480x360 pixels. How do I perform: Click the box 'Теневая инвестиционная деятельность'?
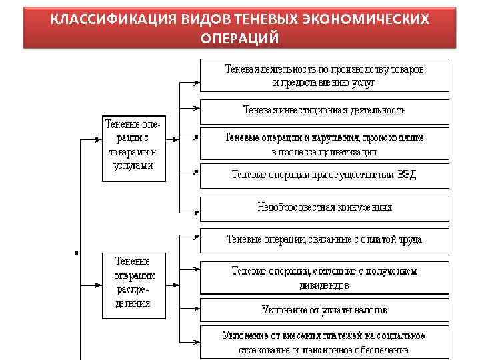pyautogui.click(x=324, y=110)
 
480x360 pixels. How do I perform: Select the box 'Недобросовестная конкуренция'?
pyautogui.click(x=324, y=207)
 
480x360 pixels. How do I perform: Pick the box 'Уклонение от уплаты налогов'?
pyautogui.click(x=324, y=310)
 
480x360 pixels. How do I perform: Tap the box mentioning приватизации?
pyautogui.click(x=324, y=145)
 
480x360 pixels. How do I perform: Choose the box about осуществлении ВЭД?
pyautogui.click(x=324, y=175)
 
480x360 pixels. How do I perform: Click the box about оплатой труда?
pyautogui.click(x=324, y=239)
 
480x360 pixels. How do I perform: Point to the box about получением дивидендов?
pyautogui.click(x=324, y=278)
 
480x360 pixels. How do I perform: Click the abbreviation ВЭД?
pyautogui.click(x=405, y=175)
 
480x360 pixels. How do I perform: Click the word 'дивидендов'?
pyautogui.click(x=324, y=285)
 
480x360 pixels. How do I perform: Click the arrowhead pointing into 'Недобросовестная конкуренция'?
pyautogui.click(x=197, y=213)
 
